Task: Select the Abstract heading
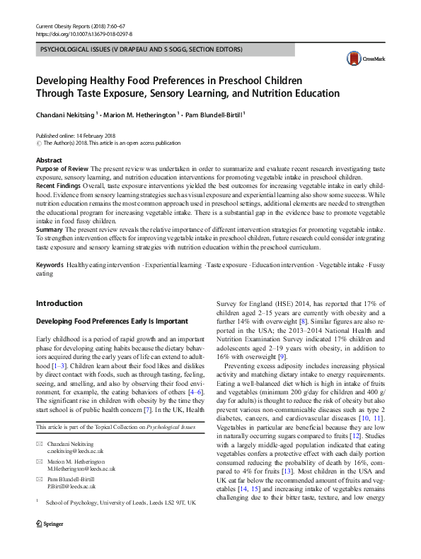pos(49,160)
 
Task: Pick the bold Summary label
pos(49,230)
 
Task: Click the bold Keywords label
pos(50,264)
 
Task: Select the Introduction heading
pos(59,303)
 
